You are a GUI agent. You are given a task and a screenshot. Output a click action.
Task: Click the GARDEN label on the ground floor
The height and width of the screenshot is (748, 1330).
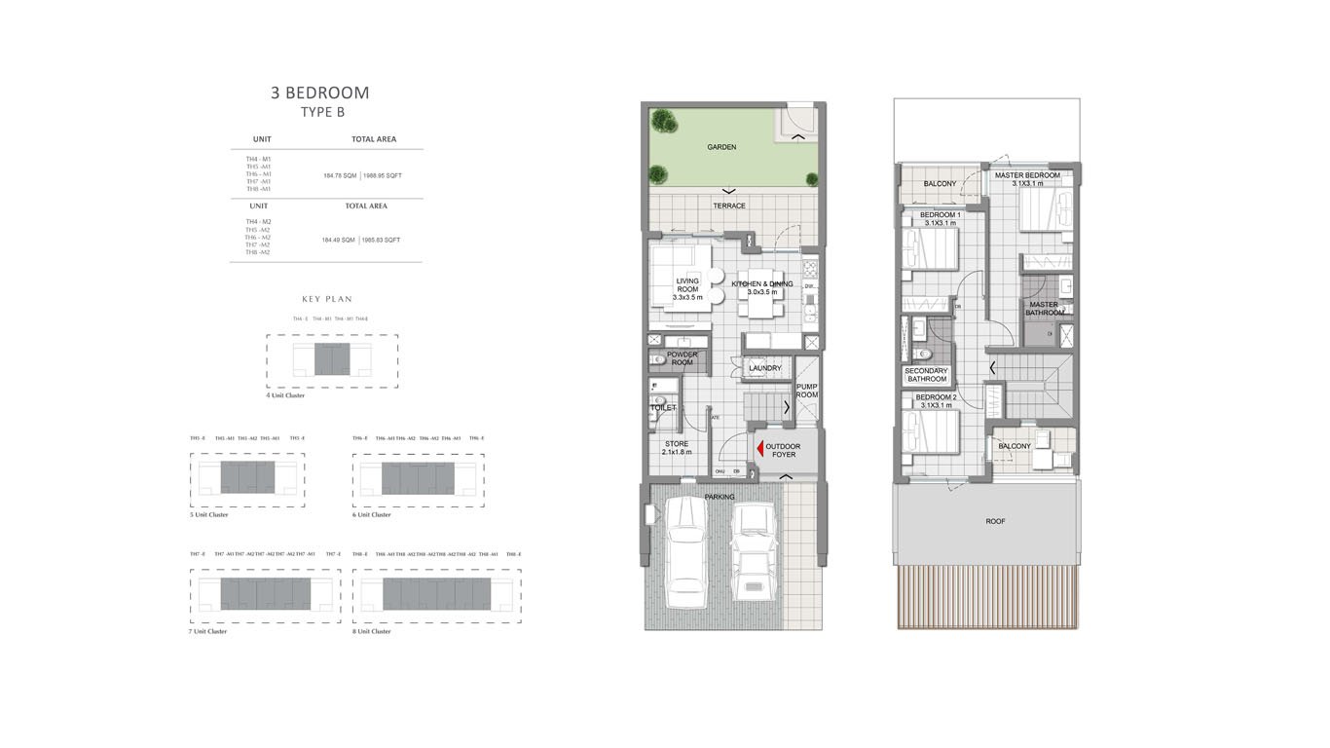point(721,147)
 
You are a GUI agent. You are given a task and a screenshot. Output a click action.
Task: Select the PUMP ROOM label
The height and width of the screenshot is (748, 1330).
point(807,391)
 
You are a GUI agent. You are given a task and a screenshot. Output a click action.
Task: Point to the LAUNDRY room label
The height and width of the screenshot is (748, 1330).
point(765,368)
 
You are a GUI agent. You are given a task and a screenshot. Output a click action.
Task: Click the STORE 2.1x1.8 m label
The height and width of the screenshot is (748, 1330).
point(677,448)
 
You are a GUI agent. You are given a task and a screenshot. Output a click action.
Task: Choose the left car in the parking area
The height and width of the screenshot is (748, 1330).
point(686,550)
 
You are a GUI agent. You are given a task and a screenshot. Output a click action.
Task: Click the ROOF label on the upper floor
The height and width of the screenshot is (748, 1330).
point(994,521)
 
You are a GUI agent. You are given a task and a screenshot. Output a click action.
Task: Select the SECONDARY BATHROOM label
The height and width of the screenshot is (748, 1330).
point(925,375)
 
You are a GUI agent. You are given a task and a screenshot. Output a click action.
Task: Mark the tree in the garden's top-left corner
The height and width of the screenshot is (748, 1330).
point(663,121)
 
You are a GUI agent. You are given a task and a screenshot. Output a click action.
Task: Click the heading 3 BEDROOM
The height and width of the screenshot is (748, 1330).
point(319,93)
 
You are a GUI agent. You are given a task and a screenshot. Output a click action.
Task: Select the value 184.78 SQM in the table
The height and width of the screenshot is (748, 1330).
point(339,175)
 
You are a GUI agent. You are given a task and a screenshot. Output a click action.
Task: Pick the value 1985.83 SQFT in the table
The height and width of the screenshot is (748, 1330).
point(382,240)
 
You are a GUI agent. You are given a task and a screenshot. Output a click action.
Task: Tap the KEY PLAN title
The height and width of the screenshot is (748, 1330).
point(327,299)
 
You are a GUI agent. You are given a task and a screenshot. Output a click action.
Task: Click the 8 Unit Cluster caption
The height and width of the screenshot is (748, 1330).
point(372,631)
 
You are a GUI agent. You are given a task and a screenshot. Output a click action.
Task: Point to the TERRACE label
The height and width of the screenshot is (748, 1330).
point(728,206)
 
